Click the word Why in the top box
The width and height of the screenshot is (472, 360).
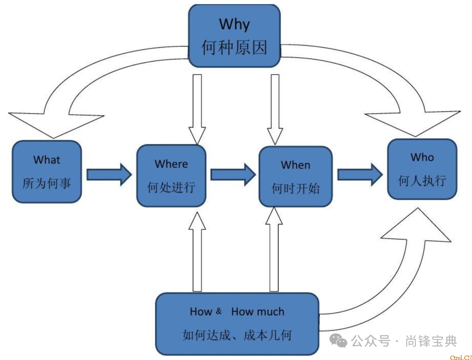pos(234,24)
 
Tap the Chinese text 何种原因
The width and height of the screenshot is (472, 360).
pos(234,47)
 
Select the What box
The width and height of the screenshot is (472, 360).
pos(47,171)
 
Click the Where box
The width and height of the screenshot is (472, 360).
pos(171,175)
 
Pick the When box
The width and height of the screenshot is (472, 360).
pos(295,176)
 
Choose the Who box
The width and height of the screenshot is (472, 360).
pos(422,169)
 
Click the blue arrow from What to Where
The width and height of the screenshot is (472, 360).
pos(108,175)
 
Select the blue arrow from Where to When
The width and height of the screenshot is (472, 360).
pos(233,175)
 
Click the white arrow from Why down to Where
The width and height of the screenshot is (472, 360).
pos(197,109)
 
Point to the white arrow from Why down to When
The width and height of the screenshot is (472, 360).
pos(275,109)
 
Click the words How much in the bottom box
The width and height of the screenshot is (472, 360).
pos(257,312)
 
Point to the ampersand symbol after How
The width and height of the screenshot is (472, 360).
pos(219,311)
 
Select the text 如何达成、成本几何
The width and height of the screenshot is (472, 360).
pos(237,336)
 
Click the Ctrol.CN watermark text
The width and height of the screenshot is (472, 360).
pos(461,357)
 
